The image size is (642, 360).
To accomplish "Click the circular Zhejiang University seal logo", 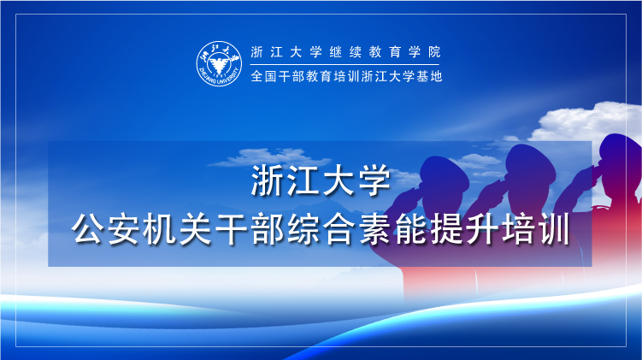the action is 219,64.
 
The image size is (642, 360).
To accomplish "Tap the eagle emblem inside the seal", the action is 218,64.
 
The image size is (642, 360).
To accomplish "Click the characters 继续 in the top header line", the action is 345,52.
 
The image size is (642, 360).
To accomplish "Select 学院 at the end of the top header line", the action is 425,52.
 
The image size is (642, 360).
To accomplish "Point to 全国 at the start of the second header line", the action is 263,76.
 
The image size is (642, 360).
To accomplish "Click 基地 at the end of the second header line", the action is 429,76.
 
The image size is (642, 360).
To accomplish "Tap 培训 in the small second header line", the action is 347,76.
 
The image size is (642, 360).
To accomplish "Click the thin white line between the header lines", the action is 345,64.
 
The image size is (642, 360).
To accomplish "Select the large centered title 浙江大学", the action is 321,180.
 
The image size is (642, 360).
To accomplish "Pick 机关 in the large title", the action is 178,229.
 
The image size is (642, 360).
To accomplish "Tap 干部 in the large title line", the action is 250,229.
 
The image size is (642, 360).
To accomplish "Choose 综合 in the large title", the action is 321,229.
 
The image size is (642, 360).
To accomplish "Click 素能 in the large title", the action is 392,229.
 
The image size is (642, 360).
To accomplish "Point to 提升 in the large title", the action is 464,229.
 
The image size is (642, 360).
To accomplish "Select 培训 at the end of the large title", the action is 535,229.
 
